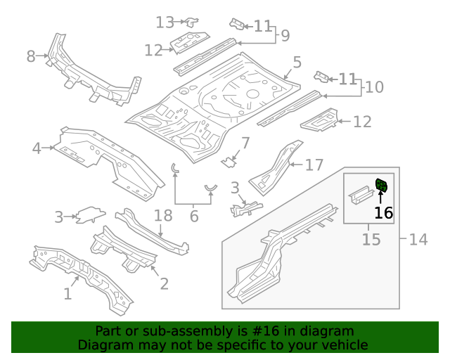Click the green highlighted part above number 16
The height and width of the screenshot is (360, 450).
click(x=382, y=186)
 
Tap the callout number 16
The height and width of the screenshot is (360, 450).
click(x=383, y=213)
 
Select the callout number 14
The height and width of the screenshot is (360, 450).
click(x=418, y=240)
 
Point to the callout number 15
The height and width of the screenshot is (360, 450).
click(x=371, y=240)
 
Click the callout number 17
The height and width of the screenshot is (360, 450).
click(x=314, y=165)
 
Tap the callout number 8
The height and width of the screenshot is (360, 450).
click(x=30, y=56)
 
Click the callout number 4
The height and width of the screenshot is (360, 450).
click(x=37, y=148)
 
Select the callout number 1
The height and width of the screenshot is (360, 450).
click(x=67, y=294)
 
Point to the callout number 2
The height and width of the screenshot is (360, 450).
click(x=164, y=283)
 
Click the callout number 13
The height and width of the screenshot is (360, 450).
click(x=165, y=22)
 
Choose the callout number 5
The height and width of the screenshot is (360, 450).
click(x=297, y=63)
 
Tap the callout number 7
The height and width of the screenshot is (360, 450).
click(x=245, y=143)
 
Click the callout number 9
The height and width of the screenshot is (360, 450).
click(x=285, y=35)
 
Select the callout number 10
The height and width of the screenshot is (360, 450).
click(x=375, y=87)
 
